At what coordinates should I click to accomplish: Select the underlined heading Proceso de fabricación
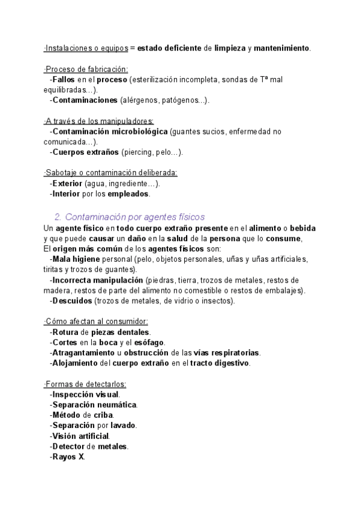pyautogui.click(x=86, y=69)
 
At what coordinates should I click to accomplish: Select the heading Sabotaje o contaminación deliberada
pyautogui.click(x=110, y=173)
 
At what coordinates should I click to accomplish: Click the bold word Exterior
pyautogui.click(x=67, y=184)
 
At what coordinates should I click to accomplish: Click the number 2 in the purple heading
pyautogui.click(x=58, y=216)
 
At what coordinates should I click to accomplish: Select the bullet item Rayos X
pyautogui.click(x=68, y=457)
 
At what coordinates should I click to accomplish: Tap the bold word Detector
pyautogui.click(x=68, y=447)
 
